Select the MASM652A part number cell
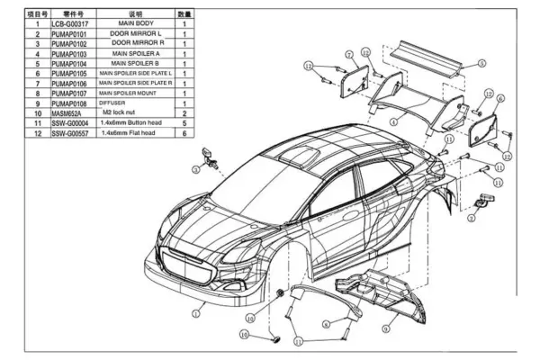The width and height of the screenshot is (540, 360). coord(70,113)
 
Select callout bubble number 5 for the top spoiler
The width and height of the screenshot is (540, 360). coord(482,64)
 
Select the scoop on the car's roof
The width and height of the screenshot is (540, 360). coord(299,154)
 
